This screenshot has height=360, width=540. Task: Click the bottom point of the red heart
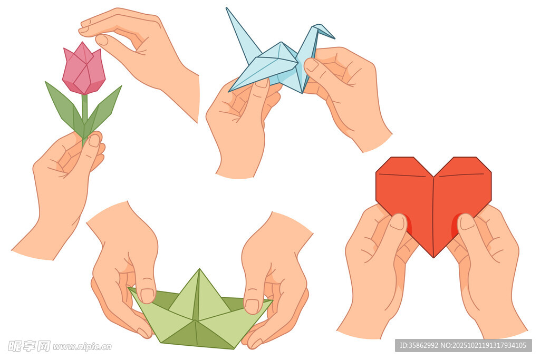[x=433, y=257]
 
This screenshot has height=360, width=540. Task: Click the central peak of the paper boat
[x=199, y=270]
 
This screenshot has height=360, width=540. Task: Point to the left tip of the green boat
[x=130, y=288]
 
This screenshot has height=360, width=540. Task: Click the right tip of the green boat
[x=271, y=301]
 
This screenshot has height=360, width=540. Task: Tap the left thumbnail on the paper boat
[x=148, y=296]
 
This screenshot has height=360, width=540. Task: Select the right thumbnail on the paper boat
[x=252, y=306]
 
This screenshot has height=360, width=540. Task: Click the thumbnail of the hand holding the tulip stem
[x=94, y=140]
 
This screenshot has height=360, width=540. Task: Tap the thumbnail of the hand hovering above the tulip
[x=102, y=40]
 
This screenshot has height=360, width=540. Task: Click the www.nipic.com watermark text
[x=82, y=347]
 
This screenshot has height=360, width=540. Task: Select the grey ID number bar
[x=463, y=345]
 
